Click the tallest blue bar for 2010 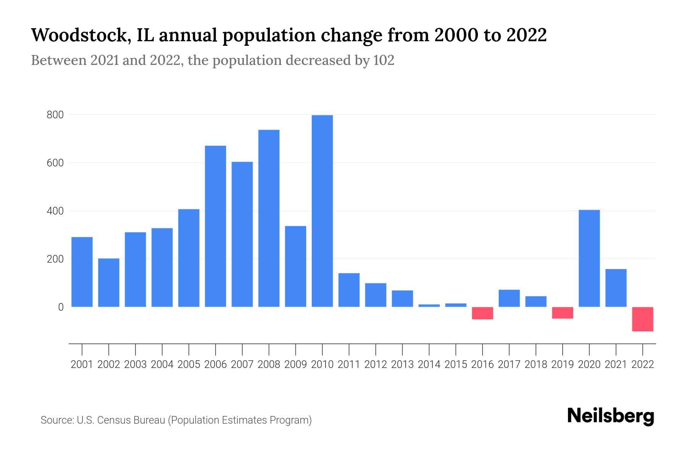pos(322,211)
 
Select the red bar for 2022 pos(642,319)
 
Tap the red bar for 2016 pos(482,313)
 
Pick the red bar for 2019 pos(562,313)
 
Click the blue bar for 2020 pos(589,258)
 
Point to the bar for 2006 pos(215,226)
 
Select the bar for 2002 pos(109,282)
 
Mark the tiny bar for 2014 pos(429,305)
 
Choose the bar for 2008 pos(269,218)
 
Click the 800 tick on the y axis pos(55,115)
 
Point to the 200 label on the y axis pos(55,259)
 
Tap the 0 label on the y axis pos(60,307)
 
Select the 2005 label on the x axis pos(189,364)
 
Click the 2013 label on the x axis pos(402,364)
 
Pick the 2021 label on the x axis pos(616,364)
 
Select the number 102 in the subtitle pos(384,60)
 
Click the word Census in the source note pos(113,420)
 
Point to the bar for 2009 pos(295,266)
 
